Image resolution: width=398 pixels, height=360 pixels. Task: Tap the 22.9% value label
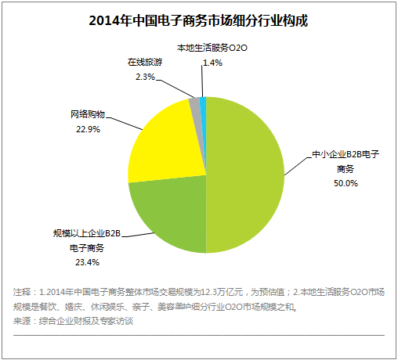click(x=86, y=130)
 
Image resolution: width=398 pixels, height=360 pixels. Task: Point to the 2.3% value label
click(x=145, y=76)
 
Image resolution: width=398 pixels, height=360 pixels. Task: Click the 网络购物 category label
click(x=87, y=115)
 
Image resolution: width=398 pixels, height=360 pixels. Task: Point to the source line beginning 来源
click(x=74, y=322)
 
